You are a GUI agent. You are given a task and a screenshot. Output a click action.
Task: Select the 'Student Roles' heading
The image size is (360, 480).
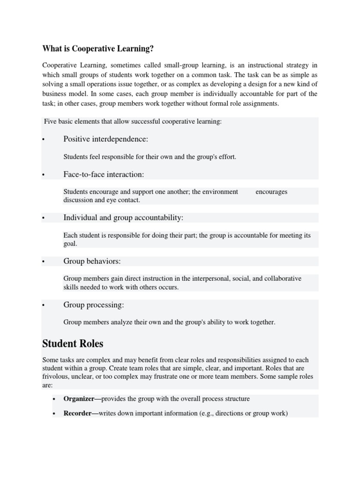(73, 343)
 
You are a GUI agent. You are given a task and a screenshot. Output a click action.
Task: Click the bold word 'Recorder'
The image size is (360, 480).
(77, 413)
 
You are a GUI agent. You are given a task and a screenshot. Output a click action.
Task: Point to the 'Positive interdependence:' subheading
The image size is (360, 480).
(105, 139)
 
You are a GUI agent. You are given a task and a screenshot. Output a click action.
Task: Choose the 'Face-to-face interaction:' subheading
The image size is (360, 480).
(104, 174)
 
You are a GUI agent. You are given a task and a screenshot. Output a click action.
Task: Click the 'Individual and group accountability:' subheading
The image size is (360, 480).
(123, 218)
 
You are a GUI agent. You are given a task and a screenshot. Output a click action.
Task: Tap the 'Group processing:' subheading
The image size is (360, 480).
(94, 305)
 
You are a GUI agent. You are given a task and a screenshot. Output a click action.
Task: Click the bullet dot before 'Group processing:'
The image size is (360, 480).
(43, 306)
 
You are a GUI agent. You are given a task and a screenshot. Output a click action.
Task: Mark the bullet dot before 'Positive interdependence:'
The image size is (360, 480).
(43, 140)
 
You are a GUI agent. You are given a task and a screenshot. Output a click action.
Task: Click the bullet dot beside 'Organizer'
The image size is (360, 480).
(54, 399)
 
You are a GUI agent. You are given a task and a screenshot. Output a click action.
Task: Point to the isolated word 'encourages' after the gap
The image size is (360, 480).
(271, 192)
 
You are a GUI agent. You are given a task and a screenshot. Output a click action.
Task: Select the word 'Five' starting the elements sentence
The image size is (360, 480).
(50, 122)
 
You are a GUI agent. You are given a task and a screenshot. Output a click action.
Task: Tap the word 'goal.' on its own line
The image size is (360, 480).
(70, 244)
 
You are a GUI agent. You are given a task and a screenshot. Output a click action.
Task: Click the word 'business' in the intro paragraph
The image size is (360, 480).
(54, 94)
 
